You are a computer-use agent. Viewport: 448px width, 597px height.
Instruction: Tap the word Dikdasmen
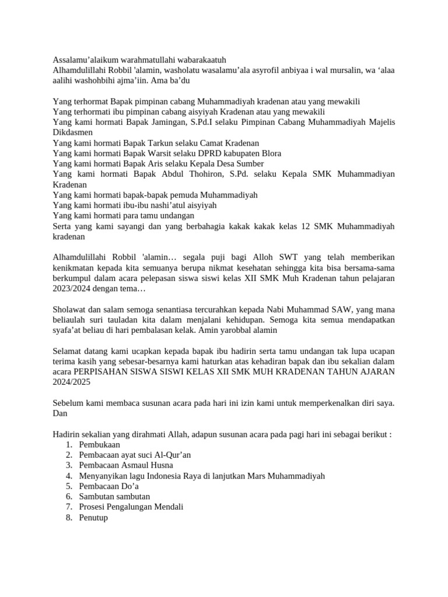point(72,132)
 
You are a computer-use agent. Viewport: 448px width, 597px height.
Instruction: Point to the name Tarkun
point(162,143)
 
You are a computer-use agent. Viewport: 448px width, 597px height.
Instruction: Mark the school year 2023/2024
point(73,289)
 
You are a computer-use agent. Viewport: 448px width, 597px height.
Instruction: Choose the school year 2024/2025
point(72,382)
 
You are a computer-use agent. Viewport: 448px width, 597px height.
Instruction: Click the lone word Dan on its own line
point(60,413)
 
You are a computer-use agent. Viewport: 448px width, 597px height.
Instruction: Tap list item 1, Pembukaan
point(100,445)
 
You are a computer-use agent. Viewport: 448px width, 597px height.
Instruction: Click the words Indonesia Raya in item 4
point(160,476)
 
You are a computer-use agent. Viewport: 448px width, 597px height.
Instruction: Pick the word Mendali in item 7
point(167,507)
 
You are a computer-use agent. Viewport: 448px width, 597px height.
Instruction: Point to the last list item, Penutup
point(93,517)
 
